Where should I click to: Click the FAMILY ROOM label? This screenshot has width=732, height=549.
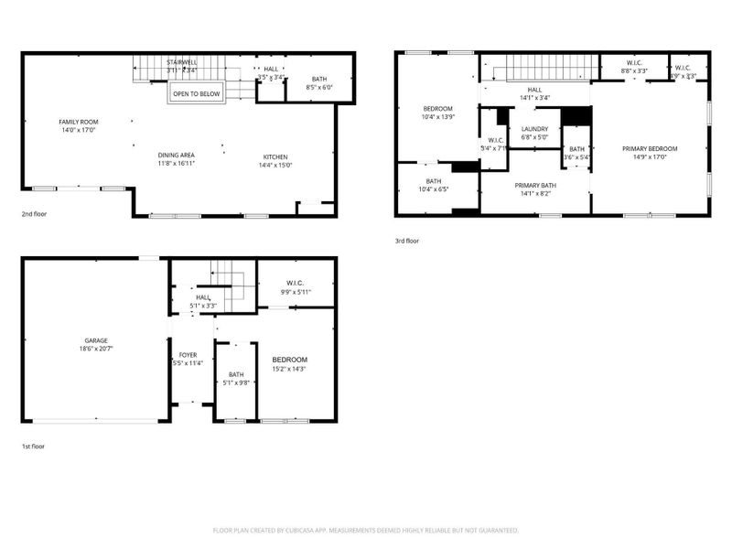click(79, 122)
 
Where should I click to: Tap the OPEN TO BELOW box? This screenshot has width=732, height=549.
click(197, 93)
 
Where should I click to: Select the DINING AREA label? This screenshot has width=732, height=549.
click(176, 155)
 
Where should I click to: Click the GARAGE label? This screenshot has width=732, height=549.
click(96, 340)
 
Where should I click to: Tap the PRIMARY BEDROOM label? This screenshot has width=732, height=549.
click(650, 148)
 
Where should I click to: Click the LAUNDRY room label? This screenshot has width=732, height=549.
click(534, 129)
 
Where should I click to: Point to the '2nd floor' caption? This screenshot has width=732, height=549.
click(35, 214)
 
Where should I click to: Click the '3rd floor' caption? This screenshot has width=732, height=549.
click(406, 242)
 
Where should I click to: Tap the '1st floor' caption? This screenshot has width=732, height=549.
click(33, 447)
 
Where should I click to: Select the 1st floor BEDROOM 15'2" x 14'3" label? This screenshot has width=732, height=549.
click(289, 360)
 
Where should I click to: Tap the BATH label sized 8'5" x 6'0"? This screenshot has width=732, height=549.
click(319, 80)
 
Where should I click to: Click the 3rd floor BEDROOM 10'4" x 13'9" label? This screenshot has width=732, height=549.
click(437, 109)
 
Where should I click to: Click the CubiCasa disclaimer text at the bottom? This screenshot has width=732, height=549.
click(366, 530)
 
